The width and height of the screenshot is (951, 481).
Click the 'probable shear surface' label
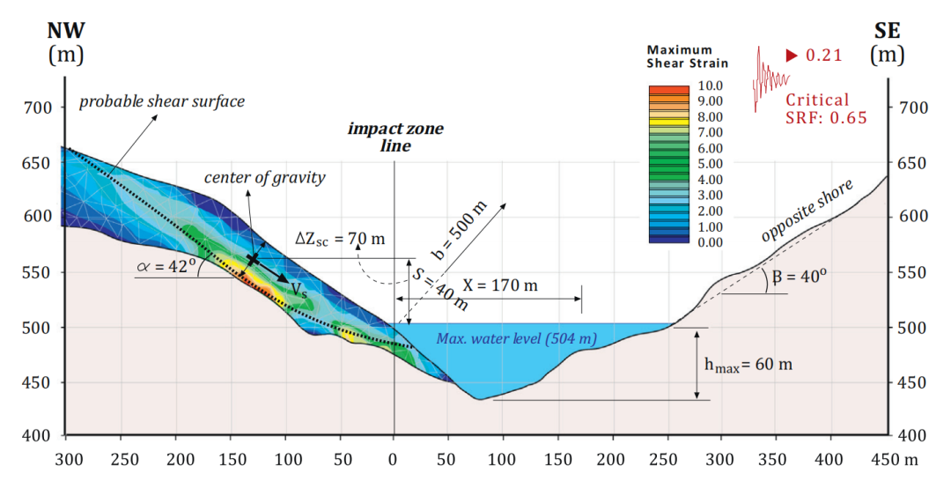click(162, 101)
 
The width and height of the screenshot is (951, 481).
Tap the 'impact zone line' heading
click(395, 137)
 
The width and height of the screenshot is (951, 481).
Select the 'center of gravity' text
click(265, 178)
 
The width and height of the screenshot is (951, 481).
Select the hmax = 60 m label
click(749, 363)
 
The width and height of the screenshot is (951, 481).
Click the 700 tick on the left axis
click(38, 108)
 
